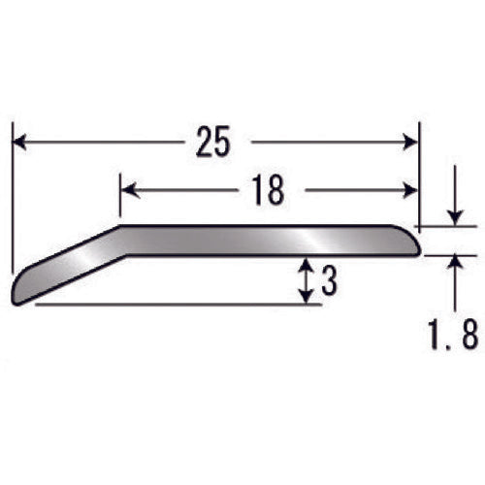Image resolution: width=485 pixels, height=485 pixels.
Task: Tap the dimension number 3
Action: [x=328, y=281]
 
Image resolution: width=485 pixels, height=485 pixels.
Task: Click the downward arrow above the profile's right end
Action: [x=453, y=216]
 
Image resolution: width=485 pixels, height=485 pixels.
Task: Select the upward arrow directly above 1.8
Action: [x=453, y=264]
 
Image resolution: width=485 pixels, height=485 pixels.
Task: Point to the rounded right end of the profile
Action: [x=416, y=242]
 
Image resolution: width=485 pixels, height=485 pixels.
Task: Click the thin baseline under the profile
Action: [x=175, y=305]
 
